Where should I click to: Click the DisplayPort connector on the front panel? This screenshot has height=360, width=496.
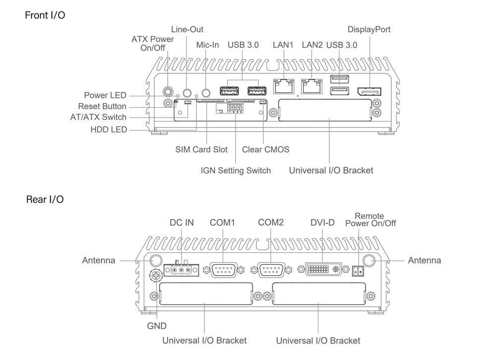pyautogui.click(x=370, y=92)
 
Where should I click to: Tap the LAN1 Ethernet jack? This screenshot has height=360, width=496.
pyautogui.click(x=283, y=87)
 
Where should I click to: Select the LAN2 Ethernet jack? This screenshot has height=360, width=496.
pyautogui.click(x=311, y=87)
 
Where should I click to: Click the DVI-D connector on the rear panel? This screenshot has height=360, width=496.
pyautogui.click(x=322, y=270)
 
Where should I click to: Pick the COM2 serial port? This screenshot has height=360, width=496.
pyautogui.click(x=270, y=270)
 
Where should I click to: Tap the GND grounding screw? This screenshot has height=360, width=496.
pyautogui.click(x=157, y=276)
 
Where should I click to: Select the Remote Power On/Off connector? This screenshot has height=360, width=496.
pyautogui.click(x=358, y=271)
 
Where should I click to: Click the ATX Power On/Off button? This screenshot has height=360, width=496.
pyautogui.click(x=169, y=92)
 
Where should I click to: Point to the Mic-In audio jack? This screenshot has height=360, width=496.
pyautogui.click(x=205, y=92)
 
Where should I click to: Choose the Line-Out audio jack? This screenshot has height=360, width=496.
pyautogui.click(x=187, y=92)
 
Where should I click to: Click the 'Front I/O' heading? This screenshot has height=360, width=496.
pyautogui.click(x=45, y=15)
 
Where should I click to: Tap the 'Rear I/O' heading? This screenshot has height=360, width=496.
pyautogui.click(x=45, y=200)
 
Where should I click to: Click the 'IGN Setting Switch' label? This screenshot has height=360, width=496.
pyautogui.click(x=236, y=171)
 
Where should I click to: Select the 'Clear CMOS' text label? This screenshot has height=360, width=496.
pyautogui.click(x=265, y=149)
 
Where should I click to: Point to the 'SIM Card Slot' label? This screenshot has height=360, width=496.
pyautogui.click(x=201, y=149)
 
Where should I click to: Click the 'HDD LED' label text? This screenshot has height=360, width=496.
pyautogui.click(x=109, y=129)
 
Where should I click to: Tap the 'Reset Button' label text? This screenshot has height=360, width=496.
pyautogui.click(x=102, y=107)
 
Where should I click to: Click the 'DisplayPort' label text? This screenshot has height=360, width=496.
pyautogui.click(x=369, y=30)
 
